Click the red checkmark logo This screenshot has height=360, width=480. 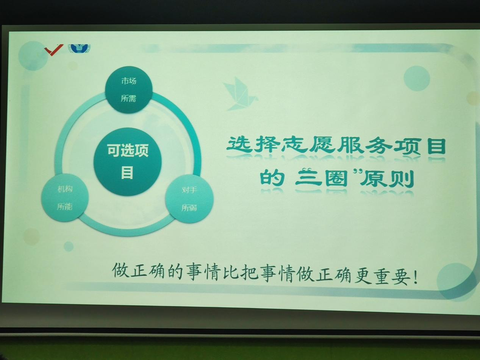click(x=54, y=50)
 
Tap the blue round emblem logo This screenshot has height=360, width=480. click(x=79, y=49)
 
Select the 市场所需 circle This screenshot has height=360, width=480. click(x=128, y=90)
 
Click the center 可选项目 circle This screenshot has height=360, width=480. click(x=128, y=162)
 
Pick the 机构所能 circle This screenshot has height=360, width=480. click(x=65, y=198)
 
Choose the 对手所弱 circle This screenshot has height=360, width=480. click(x=189, y=199)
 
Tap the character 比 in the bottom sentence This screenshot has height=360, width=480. click(x=230, y=273)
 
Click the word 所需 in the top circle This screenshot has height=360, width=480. click(x=128, y=99)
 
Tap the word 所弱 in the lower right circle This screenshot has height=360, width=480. click(x=189, y=208)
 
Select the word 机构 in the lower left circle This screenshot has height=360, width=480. click(x=65, y=189)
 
